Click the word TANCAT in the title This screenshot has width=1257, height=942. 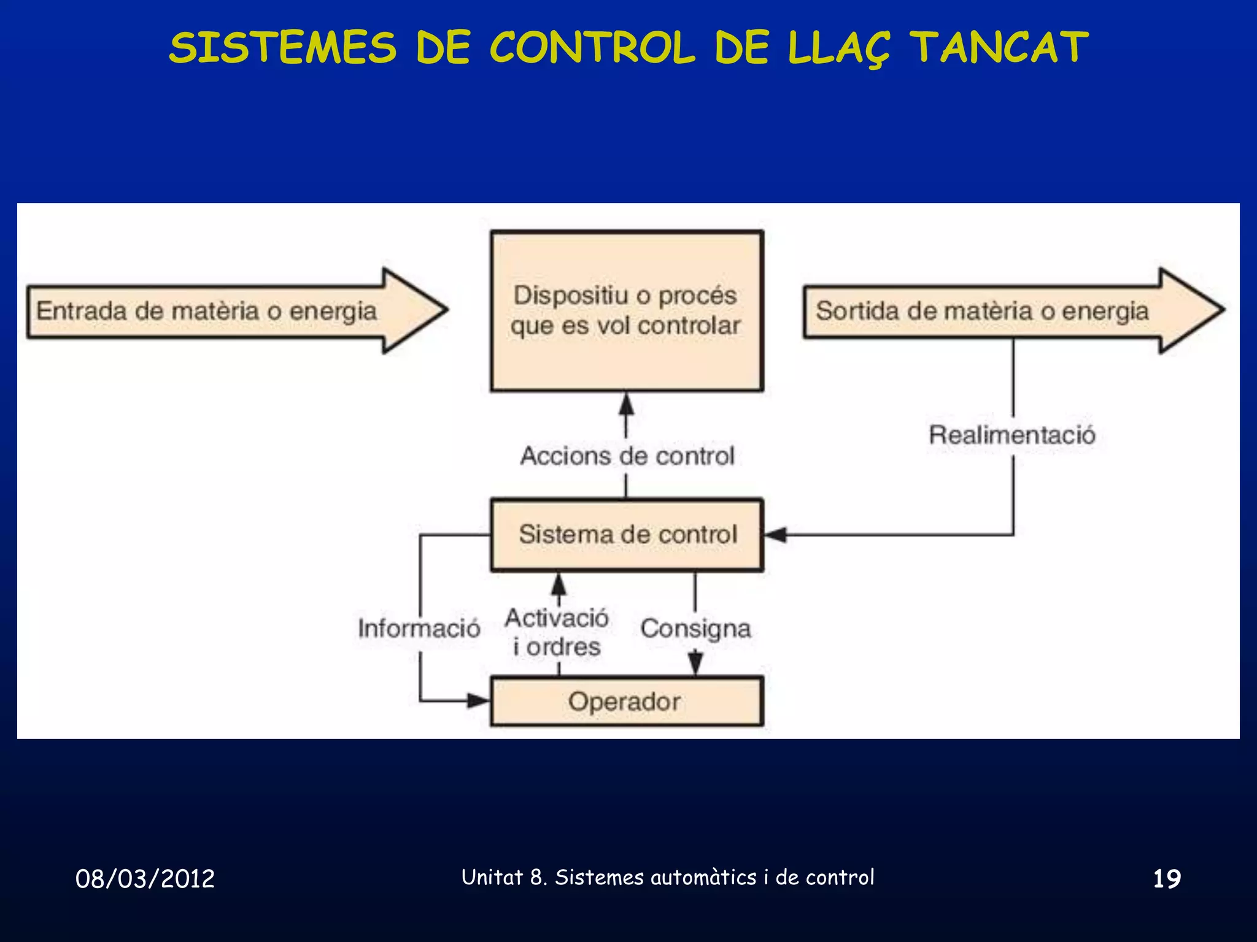click(999, 48)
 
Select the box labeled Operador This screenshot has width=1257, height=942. click(626, 702)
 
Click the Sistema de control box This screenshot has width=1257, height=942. click(626, 535)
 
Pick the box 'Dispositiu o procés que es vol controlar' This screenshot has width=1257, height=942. click(626, 310)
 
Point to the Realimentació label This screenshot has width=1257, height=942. click(1012, 435)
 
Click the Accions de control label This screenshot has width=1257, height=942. click(627, 456)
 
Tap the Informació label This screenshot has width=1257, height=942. click(419, 628)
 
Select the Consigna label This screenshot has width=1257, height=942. click(695, 629)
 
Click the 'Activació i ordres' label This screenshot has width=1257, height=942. click(557, 632)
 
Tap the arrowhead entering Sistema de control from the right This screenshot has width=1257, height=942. click(776, 535)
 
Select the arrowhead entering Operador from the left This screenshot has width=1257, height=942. click(479, 700)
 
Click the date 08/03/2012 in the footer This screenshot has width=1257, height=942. click(145, 878)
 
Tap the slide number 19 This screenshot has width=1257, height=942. click(1167, 878)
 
